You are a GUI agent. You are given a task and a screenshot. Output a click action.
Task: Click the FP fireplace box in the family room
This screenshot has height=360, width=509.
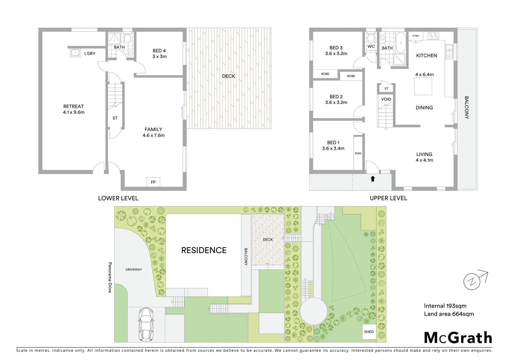153,182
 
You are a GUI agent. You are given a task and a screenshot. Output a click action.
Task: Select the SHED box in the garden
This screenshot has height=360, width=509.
369,332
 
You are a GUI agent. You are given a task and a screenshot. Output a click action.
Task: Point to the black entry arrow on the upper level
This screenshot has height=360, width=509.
373,179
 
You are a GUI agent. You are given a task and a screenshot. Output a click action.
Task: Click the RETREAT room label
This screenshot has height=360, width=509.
74,107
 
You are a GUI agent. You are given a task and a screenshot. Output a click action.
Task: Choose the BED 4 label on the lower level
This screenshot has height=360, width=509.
159,51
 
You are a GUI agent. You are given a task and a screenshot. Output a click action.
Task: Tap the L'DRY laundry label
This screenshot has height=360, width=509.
90,53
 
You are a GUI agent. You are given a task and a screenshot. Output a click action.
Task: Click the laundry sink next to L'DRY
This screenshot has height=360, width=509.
75,53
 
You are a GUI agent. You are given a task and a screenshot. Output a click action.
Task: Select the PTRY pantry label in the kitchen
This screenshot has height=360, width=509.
416,36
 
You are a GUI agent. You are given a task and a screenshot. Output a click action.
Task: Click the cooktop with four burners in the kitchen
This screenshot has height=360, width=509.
433,35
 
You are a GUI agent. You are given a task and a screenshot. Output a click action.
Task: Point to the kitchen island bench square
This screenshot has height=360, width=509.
423,86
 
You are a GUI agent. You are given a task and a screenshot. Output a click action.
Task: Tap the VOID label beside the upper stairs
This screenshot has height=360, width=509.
386,99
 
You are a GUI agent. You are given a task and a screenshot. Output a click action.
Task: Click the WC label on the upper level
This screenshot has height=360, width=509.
371,46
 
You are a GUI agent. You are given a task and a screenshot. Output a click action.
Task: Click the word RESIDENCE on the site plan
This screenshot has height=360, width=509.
204,250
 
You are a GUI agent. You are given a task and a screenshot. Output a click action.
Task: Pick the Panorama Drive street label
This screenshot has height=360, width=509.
110,277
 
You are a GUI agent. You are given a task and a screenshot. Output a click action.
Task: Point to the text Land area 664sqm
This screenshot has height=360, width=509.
449,314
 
